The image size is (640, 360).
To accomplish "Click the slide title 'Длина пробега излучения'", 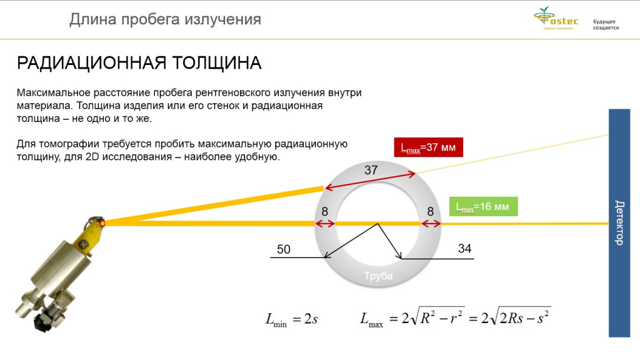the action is click(165, 19).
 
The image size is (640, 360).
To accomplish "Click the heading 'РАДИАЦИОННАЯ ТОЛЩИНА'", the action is click(139, 63).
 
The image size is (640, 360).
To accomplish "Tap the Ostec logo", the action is click(556, 19).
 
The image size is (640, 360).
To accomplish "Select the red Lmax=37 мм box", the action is click(428, 147).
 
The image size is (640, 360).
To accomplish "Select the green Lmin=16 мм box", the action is click(483, 206).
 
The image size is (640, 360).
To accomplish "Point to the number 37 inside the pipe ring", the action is click(371, 170).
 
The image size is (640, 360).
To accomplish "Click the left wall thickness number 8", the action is click(324, 211).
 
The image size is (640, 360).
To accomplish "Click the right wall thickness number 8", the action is click(430, 211).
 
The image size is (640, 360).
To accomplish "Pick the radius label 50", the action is click(284, 249).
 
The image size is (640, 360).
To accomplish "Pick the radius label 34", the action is click(464, 249).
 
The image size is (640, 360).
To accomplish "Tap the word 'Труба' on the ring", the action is click(378, 276).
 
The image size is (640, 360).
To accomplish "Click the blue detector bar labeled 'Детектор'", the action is click(619, 223).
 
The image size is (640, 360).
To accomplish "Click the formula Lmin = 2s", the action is click(291, 319).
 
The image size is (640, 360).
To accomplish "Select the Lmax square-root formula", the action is click(455, 317).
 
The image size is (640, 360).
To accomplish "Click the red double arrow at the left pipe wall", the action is click(325, 224).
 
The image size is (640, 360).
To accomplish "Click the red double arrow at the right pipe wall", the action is click(431, 224).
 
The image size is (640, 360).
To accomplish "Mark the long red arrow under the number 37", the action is click(370, 181).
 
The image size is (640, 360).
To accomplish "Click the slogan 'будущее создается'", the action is click(606, 24).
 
